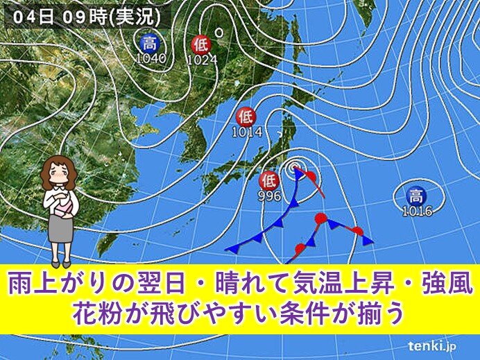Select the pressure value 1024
(203, 60)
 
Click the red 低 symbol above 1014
(246, 116)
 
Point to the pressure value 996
(270, 196)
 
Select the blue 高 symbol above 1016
(416, 195)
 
